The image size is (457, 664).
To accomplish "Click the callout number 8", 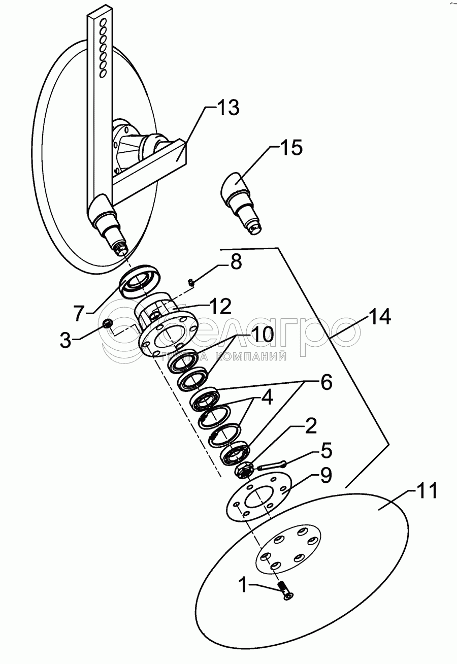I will click(x=236, y=262).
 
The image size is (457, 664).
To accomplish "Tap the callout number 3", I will click(x=65, y=340).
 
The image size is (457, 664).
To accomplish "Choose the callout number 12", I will click(x=218, y=306).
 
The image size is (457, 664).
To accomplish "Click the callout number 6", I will click(x=324, y=382).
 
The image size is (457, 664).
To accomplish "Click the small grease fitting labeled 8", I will click(x=191, y=282).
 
